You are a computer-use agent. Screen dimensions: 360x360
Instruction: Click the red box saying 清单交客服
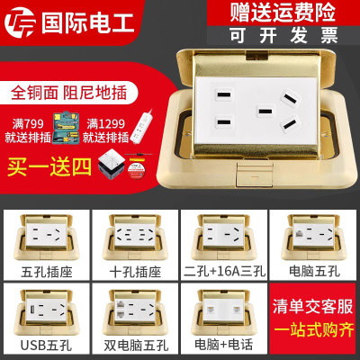click(309, 306)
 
